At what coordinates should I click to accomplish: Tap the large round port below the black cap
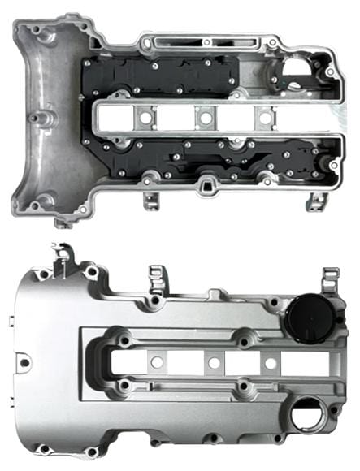pyautogui.click(x=307, y=417)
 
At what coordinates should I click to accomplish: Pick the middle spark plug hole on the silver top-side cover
pyautogui.click(x=213, y=363)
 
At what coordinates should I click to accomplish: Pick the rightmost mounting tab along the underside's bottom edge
pyautogui.click(x=315, y=201)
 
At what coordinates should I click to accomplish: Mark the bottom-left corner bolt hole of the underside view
pyautogui.click(x=37, y=205)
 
